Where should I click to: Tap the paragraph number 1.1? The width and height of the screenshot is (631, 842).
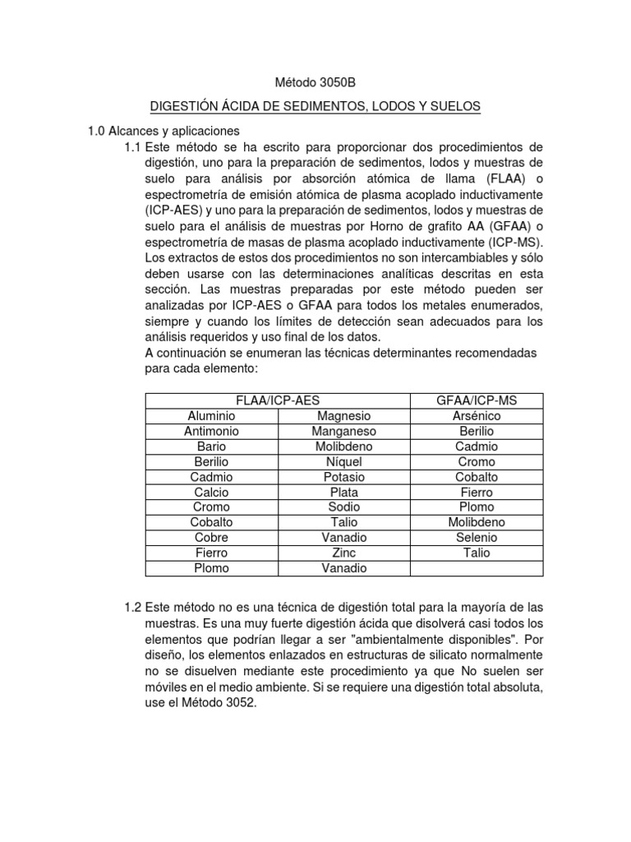point(132,146)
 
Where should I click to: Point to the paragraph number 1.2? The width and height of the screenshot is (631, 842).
point(132,608)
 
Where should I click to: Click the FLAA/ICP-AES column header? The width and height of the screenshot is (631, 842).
point(278,400)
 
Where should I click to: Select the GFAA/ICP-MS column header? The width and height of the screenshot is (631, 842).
point(477,400)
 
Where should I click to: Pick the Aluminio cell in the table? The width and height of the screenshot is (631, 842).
point(211,416)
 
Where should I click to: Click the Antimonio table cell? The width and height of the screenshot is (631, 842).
point(211,431)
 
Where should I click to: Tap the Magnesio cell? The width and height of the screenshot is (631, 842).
point(343,416)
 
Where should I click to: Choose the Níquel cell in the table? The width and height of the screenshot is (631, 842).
point(343,461)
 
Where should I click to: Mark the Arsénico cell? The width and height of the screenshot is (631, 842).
point(477,416)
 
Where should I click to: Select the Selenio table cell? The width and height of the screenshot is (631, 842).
point(477,537)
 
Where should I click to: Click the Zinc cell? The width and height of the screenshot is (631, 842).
point(343,553)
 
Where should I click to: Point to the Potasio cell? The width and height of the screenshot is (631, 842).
point(343,477)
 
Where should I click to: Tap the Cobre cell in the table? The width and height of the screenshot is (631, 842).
point(211,537)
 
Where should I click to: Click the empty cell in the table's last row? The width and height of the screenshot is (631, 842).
point(477,568)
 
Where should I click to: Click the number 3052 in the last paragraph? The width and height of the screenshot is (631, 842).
point(243,701)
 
